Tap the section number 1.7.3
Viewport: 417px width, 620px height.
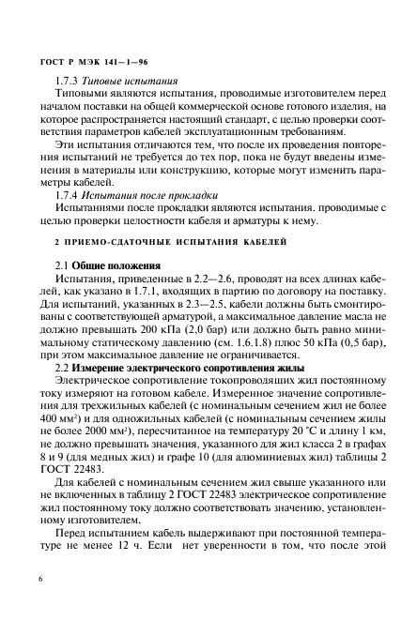click(67, 81)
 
